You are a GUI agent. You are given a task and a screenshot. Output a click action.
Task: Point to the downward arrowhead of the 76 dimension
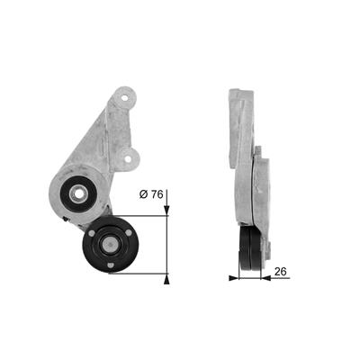pyautogui.click(x=166, y=212)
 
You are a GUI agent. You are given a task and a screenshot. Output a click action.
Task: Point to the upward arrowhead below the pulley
pyautogui.click(x=166, y=276)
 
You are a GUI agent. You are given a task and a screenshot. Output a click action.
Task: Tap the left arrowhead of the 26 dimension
pyautogui.click(x=234, y=278)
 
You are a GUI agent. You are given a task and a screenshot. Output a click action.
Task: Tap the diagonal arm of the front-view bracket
pyautogui.click(x=94, y=144)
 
